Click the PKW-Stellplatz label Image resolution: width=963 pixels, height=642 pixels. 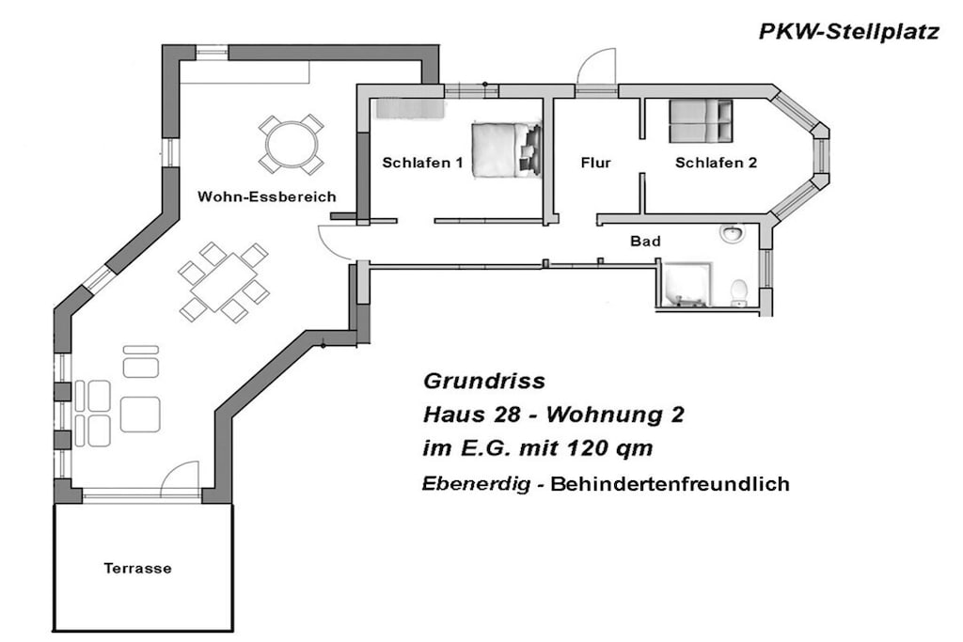coord(849,32)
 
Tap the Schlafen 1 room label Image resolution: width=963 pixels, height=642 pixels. coord(422,163)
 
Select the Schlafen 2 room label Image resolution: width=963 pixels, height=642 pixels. coord(716,163)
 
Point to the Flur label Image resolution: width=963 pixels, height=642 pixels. coord(595,163)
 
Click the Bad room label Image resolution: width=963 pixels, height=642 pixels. coord(645,242)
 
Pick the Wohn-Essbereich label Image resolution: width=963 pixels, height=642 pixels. coord(267,197)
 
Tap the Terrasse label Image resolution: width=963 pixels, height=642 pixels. coord(137,569)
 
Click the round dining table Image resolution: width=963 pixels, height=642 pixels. coord(292,144)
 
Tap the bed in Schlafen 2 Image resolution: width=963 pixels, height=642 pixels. coord(701,120)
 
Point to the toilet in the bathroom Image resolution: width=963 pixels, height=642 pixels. coord(739,292)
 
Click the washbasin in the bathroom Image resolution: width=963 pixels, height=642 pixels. coord(732,232)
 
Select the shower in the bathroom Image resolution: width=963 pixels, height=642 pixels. coord(687,284)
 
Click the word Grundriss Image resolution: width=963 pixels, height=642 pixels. coord(484,382)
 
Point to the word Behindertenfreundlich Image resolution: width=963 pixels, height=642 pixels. coord(670,484)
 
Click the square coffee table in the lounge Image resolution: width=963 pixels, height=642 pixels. coord(140,415)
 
